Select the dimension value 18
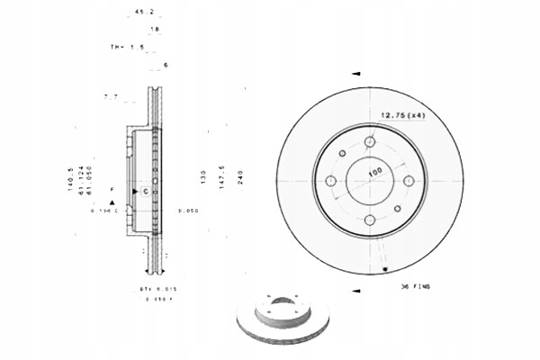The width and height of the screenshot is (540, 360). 154,30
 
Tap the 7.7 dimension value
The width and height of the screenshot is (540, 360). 112,95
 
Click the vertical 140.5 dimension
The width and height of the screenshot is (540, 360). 69,179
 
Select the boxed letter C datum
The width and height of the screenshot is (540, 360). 145,192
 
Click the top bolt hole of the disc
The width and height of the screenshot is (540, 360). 371,141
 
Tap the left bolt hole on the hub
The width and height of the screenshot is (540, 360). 331,183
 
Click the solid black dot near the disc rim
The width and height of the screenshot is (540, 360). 385,269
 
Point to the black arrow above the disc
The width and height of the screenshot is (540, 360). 356,73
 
